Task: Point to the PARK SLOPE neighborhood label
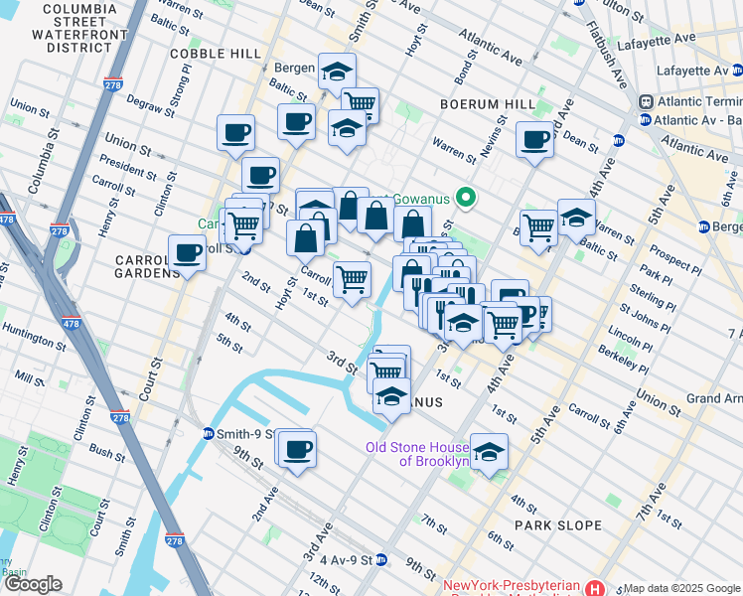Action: tap(557, 524)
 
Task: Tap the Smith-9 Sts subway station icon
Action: tap(209, 433)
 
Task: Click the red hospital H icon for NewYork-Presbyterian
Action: tap(594, 588)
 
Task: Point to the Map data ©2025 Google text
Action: tap(682, 588)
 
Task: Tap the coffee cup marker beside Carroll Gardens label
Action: tap(187, 253)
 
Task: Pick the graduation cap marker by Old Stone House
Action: tap(488, 453)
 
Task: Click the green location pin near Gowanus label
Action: tap(462, 198)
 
